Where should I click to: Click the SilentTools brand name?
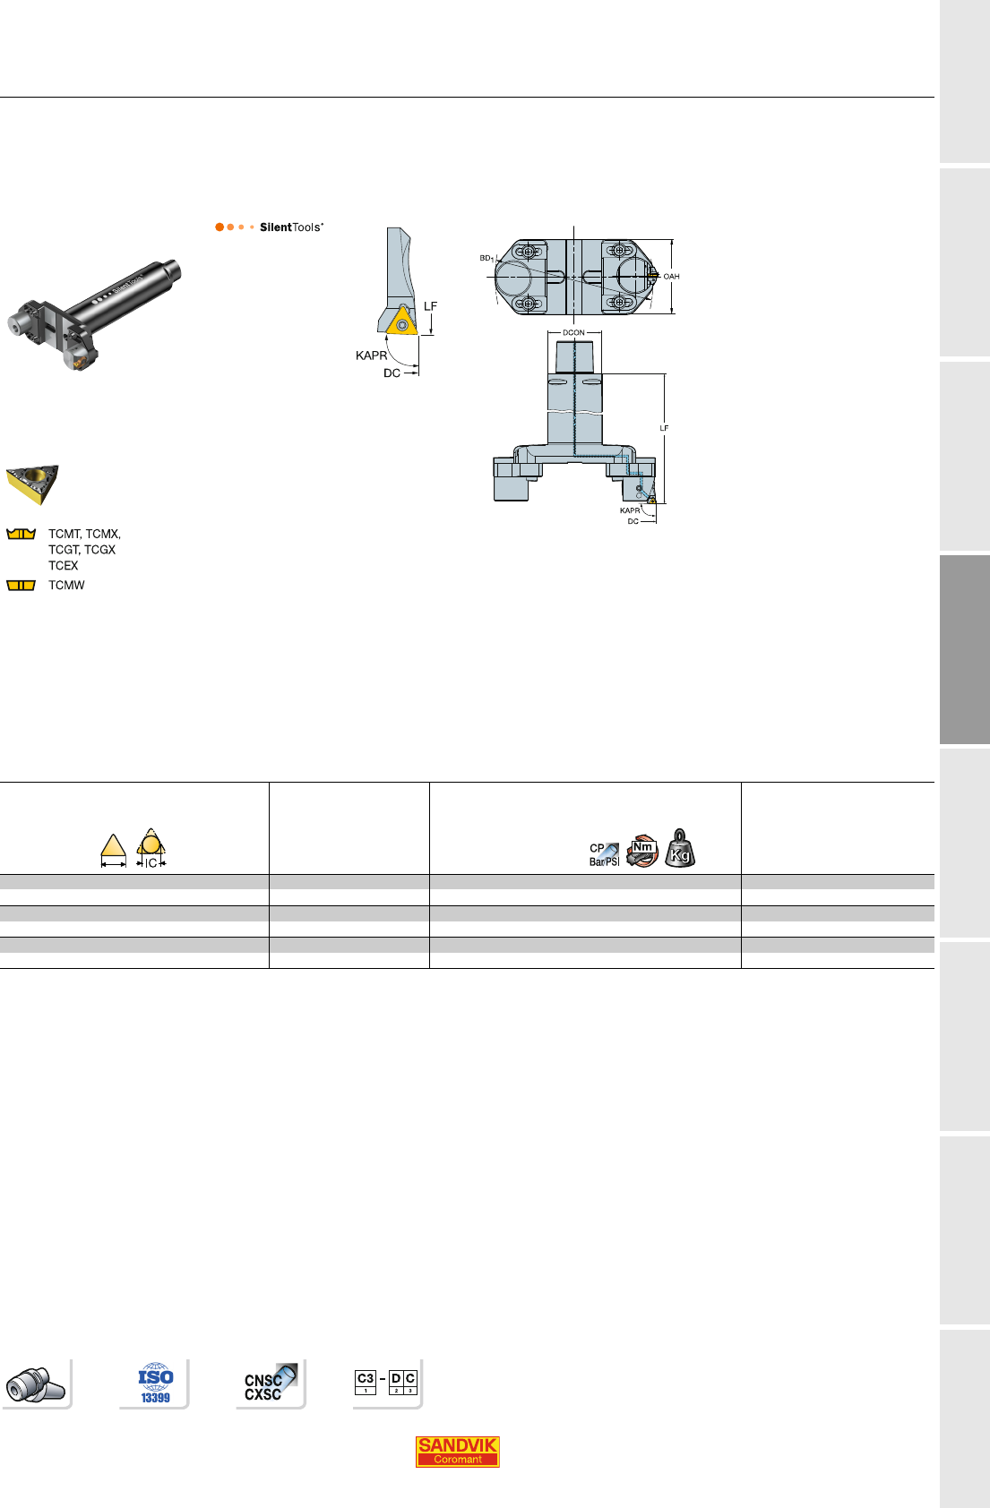pos(291,227)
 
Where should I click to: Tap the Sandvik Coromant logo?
pos(457,1451)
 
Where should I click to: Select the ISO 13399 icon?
pos(156,1384)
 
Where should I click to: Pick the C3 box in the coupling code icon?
pos(365,1382)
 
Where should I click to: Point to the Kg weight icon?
pos(680,848)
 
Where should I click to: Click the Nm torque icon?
pos(641,851)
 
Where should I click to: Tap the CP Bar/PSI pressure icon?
pos(604,855)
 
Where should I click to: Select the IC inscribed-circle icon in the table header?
pos(151,848)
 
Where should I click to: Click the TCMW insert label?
pos(66,585)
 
